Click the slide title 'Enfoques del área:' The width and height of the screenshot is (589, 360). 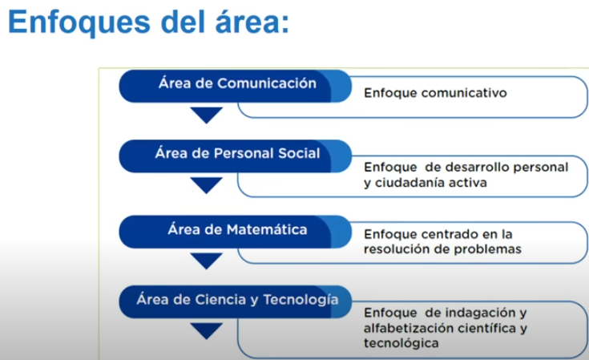pyautogui.click(x=148, y=22)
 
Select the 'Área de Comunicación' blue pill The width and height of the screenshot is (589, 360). pyautogui.click(x=235, y=86)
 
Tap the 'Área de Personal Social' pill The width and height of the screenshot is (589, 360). pyautogui.click(x=235, y=156)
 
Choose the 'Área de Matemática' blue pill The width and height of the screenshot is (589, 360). pyautogui.click(x=235, y=232)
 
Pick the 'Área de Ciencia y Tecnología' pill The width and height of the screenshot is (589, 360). pyautogui.click(x=235, y=301)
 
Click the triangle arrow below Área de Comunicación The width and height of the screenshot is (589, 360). pyautogui.click(x=206, y=115)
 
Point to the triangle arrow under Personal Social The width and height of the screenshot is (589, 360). pyautogui.click(x=206, y=185)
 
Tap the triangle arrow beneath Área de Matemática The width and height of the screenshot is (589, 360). pyautogui.click(x=206, y=261)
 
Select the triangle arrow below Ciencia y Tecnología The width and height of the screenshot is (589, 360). pyautogui.click(x=206, y=330)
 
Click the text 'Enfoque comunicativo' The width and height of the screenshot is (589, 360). pyautogui.click(x=435, y=93)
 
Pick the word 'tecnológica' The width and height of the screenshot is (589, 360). pyautogui.click(x=401, y=343)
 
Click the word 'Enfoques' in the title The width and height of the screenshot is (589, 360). pyautogui.click(x=79, y=22)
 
